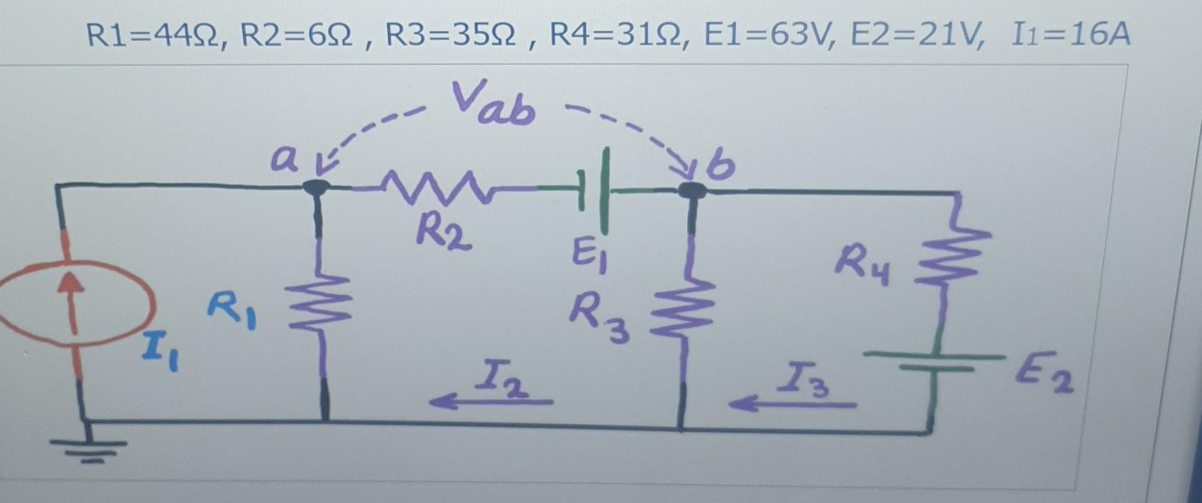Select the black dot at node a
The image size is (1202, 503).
316,187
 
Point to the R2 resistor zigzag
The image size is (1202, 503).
438,188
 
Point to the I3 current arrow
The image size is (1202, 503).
792,404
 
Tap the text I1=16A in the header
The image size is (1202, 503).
1071,35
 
